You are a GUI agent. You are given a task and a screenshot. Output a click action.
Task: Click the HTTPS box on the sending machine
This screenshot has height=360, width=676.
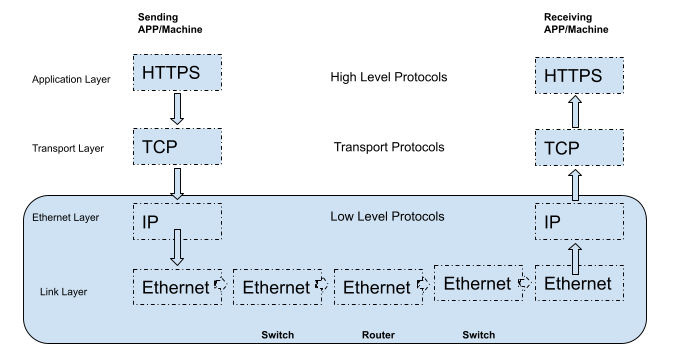point(176,75)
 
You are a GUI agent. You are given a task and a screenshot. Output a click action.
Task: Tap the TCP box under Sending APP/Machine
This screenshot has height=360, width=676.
point(176,147)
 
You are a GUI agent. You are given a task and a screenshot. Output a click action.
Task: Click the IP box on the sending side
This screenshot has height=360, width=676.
point(176,220)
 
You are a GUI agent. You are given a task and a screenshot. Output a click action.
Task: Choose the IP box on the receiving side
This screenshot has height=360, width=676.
point(577,220)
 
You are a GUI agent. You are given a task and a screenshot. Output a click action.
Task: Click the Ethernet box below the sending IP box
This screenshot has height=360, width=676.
point(176,288)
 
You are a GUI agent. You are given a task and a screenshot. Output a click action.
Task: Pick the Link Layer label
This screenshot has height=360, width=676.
point(58,291)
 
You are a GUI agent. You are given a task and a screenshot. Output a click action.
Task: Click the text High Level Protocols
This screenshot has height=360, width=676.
point(388,76)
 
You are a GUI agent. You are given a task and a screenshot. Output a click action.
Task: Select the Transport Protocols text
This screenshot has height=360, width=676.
point(388,148)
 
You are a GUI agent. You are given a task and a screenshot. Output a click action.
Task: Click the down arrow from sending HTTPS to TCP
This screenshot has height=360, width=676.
point(176,109)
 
